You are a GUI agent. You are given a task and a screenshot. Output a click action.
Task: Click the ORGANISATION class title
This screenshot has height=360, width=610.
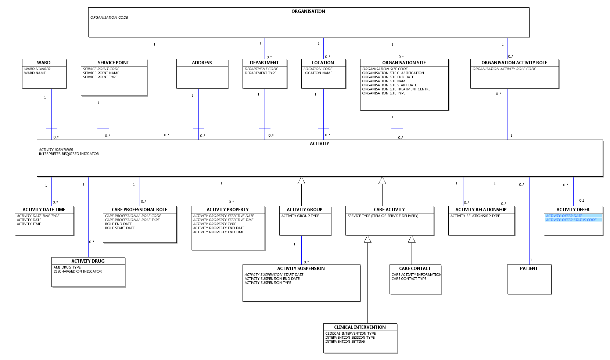point(308,11)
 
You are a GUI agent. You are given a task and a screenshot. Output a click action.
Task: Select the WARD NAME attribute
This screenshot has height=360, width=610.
point(35,73)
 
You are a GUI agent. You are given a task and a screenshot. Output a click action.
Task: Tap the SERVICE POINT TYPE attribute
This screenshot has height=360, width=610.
point(100,77)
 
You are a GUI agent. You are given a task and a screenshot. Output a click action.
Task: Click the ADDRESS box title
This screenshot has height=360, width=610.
point(202,62)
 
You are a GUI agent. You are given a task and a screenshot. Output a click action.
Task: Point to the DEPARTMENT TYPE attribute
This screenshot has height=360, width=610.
point(261,73)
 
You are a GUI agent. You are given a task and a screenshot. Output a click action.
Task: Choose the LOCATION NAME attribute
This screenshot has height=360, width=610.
point(318,73)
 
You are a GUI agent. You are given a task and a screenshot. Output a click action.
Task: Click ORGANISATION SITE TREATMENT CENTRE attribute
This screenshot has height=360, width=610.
point(396,89)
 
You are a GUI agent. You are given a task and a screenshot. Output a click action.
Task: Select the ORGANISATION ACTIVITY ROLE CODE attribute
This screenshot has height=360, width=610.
point(504,69)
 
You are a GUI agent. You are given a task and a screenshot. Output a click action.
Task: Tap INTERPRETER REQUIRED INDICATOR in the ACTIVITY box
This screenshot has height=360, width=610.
point(69,154)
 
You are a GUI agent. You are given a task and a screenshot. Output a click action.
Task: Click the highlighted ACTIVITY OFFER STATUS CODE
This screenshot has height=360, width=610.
point(571,220)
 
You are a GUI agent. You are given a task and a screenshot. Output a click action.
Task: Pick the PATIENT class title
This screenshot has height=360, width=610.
point(528,269)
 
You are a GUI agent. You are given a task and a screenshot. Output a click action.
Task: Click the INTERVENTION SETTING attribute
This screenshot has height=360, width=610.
point(345,342)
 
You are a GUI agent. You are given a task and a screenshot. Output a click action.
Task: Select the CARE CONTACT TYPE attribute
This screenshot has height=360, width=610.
point(409,278)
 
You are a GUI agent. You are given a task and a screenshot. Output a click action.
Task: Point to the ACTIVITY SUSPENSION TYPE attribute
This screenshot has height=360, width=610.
point(268,282)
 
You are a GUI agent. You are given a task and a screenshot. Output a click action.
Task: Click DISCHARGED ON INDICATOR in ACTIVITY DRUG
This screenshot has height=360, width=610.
point(78,271)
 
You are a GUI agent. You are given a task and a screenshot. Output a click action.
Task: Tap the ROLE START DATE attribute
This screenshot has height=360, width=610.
point(120,228)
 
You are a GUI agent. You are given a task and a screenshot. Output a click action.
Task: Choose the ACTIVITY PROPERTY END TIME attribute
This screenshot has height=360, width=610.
point(219,232)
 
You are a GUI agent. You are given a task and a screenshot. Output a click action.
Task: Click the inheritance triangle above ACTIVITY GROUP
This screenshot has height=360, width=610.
point(301,180)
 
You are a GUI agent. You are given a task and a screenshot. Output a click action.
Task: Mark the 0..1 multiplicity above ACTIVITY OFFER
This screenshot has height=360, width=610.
point(582,201)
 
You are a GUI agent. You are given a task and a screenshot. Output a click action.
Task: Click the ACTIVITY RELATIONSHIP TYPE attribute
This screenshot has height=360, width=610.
point(475,216)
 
